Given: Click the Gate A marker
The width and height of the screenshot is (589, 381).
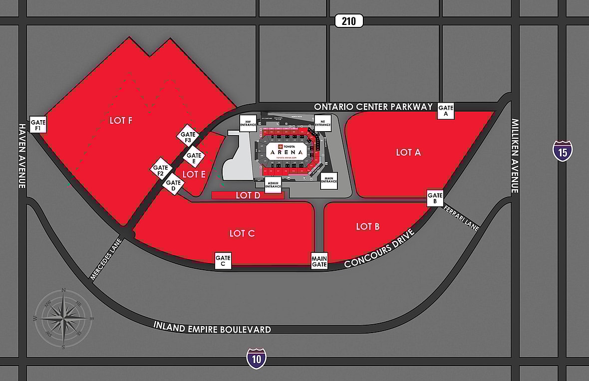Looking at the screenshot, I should [446, 110].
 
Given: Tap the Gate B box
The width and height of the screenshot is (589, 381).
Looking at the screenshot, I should [435, 198].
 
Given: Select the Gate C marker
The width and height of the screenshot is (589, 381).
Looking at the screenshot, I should [223, 261].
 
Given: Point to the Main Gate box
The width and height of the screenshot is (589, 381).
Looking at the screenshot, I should [319, 261].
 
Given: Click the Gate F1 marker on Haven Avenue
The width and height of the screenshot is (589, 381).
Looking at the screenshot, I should [38, 125].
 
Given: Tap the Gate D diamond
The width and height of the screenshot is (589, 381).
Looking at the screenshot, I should [173, 185].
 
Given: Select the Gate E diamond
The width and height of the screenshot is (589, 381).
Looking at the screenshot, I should [194, 158].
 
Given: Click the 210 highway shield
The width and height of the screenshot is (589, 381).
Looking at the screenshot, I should [349, 21].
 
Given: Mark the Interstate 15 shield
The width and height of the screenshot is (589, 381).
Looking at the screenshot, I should [563, 151].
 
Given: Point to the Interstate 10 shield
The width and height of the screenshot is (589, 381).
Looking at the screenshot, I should [256, 358].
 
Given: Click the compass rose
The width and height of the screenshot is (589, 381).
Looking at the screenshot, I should [63, 318].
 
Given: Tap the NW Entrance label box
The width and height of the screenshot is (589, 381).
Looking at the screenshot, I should [248, 123].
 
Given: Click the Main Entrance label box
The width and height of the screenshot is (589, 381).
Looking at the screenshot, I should [329, 181].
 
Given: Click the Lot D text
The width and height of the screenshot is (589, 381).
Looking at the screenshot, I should [248, 195].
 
